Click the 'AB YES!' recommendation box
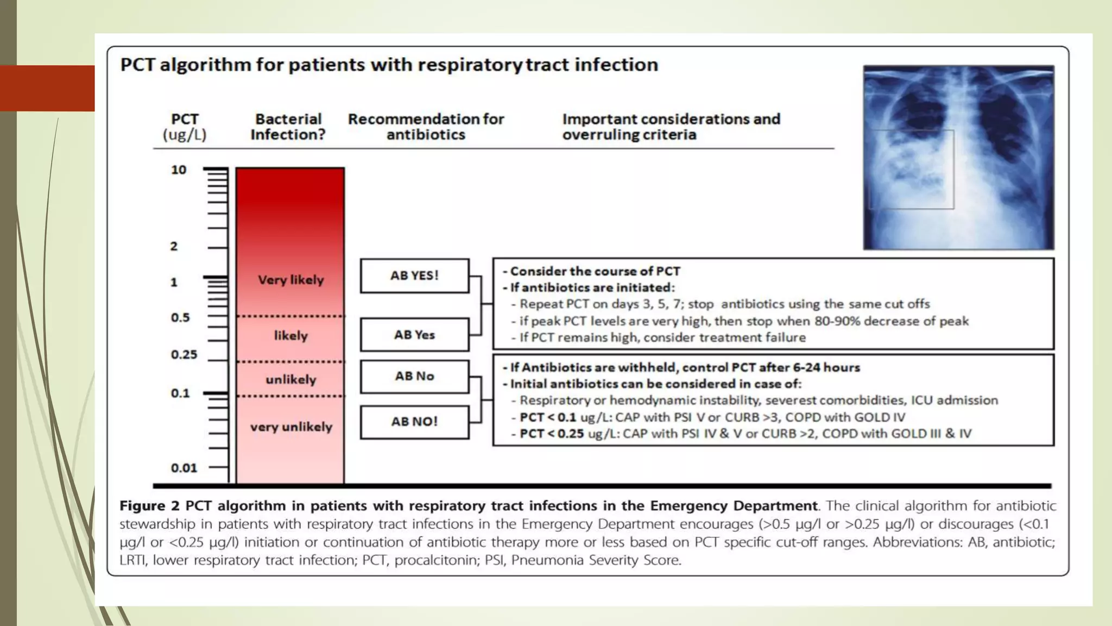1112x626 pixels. coord(414,276)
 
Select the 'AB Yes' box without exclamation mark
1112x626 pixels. coord(414,335)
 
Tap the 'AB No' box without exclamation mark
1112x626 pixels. coord(414,376)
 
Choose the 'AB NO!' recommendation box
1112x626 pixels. coord(414,422)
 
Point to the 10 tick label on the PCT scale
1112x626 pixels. coord(179,170)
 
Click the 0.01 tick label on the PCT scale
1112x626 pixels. coord(184,468)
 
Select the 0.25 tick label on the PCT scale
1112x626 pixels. coord(184,355)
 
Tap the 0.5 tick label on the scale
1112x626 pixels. coord(180,317)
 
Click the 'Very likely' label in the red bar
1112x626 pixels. coord(290,280)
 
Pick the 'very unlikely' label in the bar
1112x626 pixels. coord(291,427)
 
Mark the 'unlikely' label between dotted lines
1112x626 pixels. coord(290,379)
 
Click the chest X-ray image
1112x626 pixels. coord(958,158)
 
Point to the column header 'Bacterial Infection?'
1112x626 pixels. coord(288,127)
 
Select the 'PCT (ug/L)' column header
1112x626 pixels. coord(185,127)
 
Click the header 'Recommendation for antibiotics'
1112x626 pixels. coord(426,127)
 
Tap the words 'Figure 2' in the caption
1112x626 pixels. coord(149,506)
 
